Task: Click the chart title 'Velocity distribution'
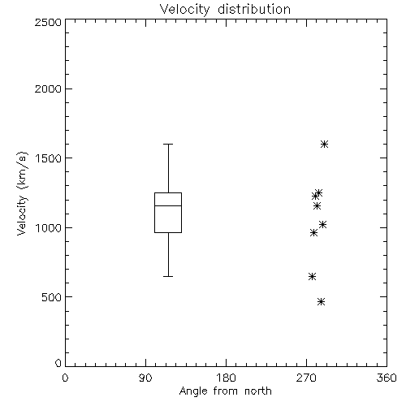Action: (225, 10)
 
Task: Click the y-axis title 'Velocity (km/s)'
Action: (22, 193)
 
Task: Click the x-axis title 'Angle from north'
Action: (225, 391)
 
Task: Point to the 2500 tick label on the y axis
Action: (48, 22)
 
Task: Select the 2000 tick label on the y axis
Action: (48, 89)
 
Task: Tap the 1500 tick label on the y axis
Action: (49, 158)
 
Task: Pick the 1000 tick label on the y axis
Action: (49, 228)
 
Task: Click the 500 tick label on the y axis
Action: (52, 297)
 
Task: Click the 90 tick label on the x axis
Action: (145, 378)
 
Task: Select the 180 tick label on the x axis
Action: (226, 378)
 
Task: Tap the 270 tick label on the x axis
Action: (306, 378)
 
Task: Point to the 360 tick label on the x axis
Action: (387, 378)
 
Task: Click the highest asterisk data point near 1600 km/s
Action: (325, 144)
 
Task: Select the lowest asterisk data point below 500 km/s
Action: (321, 301)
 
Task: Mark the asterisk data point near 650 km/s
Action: (313, 276)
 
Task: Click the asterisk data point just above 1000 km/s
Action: (322, 224)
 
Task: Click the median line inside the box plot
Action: (168, 205)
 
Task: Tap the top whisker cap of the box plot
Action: (168, 144)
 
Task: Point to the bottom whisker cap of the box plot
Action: (168, 276)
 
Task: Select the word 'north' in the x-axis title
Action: (258, 391)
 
